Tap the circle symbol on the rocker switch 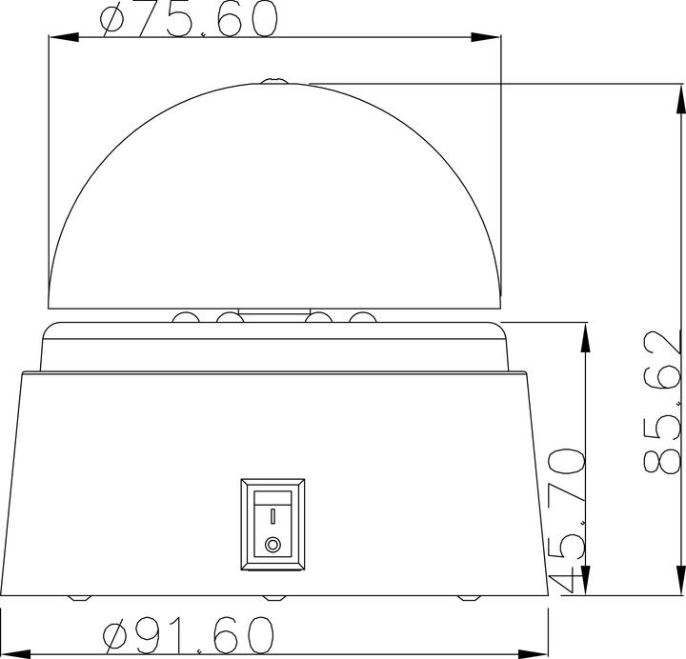pos(273,546)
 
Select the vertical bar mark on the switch pos(273,516)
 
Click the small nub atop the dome pos(274,81)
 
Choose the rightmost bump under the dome pos(362,317)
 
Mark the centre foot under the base pos(274,598)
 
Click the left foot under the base pos(80,598)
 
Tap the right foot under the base pos(469,598)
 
